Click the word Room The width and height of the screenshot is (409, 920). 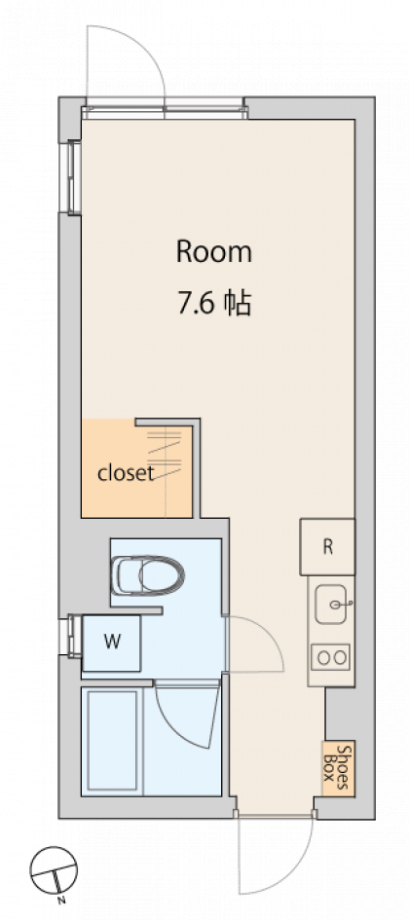(x=214, y=252)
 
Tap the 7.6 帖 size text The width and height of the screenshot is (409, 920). (x=215, y=304)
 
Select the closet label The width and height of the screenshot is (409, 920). (x=126, y=473)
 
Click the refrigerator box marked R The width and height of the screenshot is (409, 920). (x=327, y=547)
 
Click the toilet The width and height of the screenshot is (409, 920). (x=147, y=575)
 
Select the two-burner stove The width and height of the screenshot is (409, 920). (x=331, y=657)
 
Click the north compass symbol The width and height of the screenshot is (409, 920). (x=54, y=869)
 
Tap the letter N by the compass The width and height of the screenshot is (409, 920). (x=60, y=901)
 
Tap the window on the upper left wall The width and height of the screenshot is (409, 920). (x=73, y=177)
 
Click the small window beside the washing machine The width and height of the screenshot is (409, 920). (x=73, y=635)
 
